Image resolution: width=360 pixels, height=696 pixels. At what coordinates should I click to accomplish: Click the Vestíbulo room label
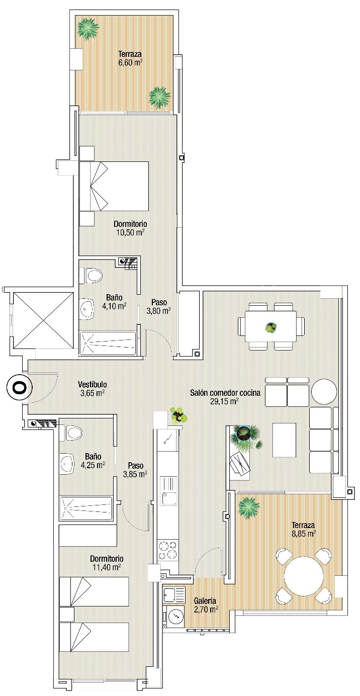click(x=92, y=384)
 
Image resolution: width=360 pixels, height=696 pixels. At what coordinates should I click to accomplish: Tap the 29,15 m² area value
click(x=224, y=401)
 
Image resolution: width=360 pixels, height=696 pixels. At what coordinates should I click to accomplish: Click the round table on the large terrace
click(x=304, y=576)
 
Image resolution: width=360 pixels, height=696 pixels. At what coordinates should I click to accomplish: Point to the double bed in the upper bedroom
click(x=114, y=186)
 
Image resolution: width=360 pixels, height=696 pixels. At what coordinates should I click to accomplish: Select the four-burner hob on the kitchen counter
click(x=168, y=550)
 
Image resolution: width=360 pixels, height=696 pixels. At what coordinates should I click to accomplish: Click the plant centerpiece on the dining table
click(x=271, y=327)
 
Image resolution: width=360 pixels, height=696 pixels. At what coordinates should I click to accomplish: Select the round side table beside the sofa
click(x=324, y=391)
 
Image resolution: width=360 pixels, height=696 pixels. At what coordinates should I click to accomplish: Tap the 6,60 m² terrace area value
click(x=130, y=62)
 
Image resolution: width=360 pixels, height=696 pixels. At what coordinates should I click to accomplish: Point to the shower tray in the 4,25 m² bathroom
click(x=86, y=508)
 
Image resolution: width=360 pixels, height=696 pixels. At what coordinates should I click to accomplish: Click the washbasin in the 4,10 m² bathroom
click(x=87, y=309)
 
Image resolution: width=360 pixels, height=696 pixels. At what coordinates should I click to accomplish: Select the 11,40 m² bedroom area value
click(x=107, y=567)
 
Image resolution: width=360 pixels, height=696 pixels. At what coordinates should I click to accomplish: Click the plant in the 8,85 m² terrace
click(x=249, y=506)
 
